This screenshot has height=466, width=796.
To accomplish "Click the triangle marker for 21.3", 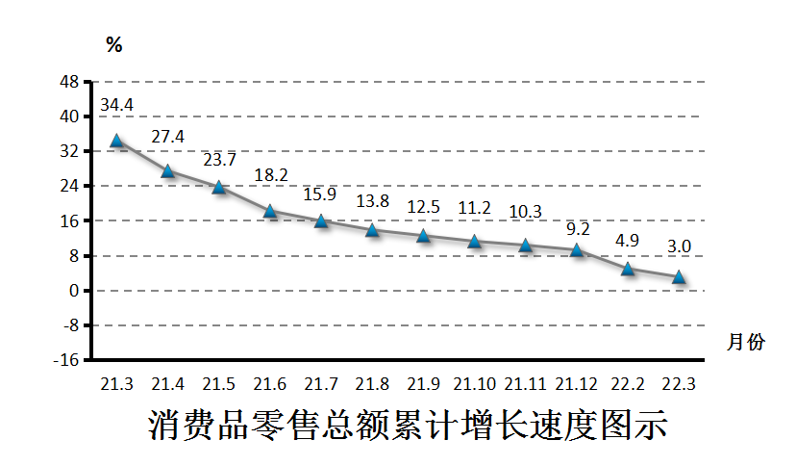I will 116,141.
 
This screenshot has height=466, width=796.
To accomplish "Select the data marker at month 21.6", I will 270,211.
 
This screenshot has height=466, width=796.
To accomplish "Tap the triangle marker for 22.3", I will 679,277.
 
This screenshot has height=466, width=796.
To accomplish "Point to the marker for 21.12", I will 577,250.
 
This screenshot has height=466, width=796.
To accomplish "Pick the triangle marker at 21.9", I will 423,236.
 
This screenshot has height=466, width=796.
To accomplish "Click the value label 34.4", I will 116,105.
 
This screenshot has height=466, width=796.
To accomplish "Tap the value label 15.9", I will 320,194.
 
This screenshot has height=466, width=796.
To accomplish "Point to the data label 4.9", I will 628,240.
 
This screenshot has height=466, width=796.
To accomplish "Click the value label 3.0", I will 679,247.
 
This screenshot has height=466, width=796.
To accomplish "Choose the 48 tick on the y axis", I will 69,82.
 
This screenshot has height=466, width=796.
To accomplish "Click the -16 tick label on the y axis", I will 65,360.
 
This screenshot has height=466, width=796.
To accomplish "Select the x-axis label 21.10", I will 474,384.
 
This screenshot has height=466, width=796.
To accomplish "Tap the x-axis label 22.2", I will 628,384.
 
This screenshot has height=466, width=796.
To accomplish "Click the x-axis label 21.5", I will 218,384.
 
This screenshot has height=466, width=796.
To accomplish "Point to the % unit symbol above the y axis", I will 114,44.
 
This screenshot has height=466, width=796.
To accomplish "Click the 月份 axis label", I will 746,343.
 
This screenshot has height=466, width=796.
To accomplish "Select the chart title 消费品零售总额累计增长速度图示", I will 408,426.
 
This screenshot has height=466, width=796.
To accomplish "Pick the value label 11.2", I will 474,208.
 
